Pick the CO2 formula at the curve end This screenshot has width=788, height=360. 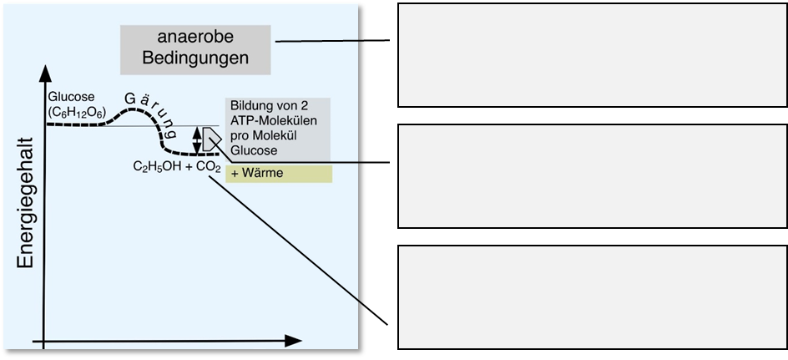point(207,167)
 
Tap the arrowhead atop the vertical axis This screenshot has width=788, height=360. point(39,69)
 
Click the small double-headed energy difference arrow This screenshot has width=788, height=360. point(197,139)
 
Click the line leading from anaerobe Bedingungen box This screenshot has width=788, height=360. point(317,40)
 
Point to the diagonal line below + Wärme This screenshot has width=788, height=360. point(284,234)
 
